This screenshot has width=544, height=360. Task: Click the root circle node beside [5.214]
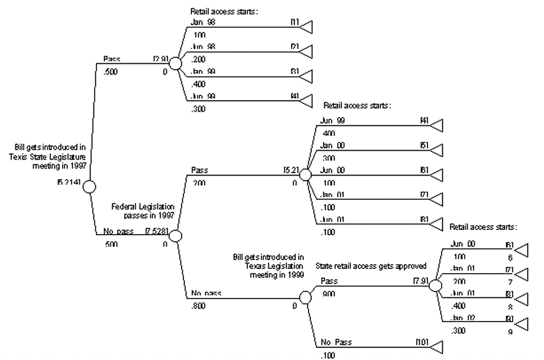pos(89,187)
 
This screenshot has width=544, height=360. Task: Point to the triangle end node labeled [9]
pos(520,325)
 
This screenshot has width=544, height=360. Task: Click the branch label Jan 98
pos(202,22)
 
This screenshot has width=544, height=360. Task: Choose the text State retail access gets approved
pos(370,266)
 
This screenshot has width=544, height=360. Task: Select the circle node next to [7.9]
pos(435,285)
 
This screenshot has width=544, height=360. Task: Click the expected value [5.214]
pos(69,181)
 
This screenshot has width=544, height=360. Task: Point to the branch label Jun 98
pos(202,46)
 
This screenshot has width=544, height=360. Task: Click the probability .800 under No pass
pos(199,306)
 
